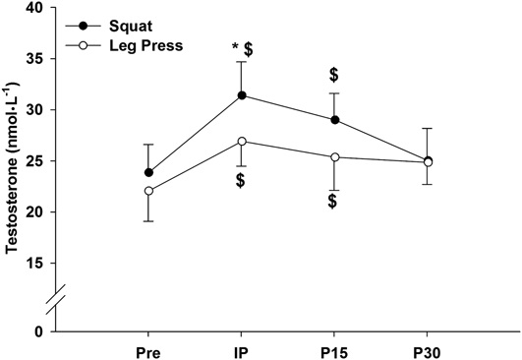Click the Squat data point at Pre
coord(148,172)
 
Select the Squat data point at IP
coord(242,95)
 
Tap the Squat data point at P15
coord(334,120)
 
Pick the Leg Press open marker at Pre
coord(148,191)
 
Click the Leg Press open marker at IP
coord(242,141)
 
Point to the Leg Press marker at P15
coord(334,157)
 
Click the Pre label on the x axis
coord(148,350)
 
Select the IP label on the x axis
coord(242,350)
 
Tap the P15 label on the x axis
coord(334,350)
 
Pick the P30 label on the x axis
coord(427,350)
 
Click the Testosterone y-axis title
coord(13,167)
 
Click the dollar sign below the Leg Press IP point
coord(241,181)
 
